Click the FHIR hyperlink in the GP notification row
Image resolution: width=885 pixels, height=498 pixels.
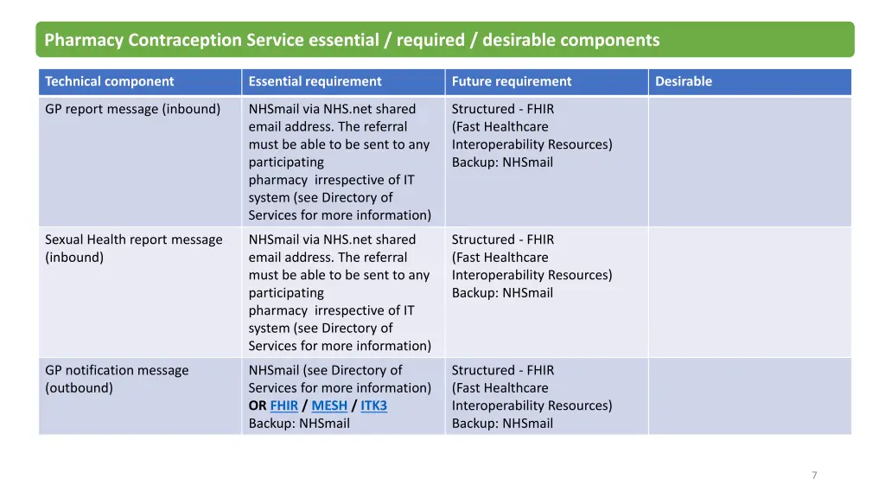(283, 405)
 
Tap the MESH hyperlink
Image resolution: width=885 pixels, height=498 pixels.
(329, 405)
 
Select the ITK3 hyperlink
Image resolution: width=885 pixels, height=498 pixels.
(373, 405)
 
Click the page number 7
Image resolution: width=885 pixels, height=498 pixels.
(814, 475)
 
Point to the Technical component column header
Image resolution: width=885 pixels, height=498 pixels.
(109, 81)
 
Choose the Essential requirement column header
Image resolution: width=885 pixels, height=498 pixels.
(315, 81)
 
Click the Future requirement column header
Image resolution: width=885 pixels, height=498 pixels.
(511, 81)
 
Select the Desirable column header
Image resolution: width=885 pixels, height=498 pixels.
(684, 81)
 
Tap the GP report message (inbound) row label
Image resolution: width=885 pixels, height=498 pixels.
(132, 109)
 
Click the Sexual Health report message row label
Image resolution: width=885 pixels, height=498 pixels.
(133, 248)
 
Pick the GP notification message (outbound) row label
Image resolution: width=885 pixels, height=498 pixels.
(116, 379)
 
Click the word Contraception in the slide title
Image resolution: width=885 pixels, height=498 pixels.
(185, 40)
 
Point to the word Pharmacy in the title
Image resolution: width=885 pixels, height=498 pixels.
(84, 40)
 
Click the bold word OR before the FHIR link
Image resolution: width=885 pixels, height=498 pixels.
(258, 405)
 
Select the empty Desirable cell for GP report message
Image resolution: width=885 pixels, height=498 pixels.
(749, 162)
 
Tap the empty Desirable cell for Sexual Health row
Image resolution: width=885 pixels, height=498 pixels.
(749, 292)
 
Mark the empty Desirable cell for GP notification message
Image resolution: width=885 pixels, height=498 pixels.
(749, 396)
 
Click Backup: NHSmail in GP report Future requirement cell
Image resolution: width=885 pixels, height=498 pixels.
(502, 162)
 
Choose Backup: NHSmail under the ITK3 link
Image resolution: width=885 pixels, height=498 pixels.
(299, 424)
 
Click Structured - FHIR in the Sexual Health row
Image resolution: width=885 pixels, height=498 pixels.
(503, 239)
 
